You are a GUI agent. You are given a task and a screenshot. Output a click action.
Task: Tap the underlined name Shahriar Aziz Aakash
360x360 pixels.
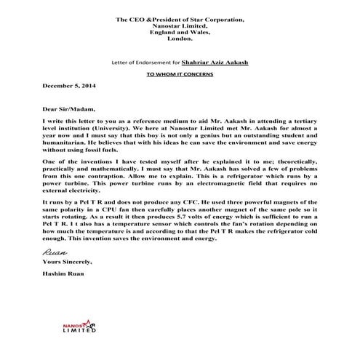(214, 63)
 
